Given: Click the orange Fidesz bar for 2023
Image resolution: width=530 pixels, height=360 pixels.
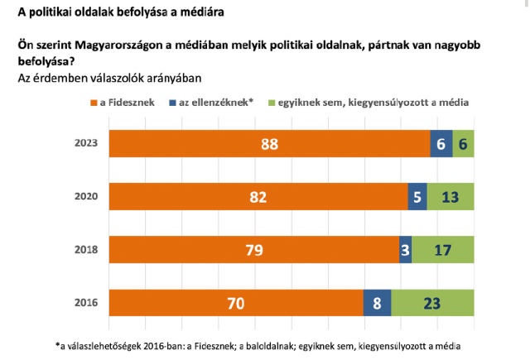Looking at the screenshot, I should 269,144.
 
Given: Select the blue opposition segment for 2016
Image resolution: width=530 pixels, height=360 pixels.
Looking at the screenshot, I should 377,303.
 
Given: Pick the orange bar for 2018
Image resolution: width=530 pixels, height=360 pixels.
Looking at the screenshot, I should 253,250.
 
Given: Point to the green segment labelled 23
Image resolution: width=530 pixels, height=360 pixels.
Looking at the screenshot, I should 432,303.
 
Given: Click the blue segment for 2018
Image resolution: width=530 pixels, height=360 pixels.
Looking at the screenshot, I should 405,250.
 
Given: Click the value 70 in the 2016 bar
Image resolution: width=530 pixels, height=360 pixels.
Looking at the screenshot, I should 236,304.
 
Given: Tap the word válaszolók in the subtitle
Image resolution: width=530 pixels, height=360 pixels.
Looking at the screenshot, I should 109,78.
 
